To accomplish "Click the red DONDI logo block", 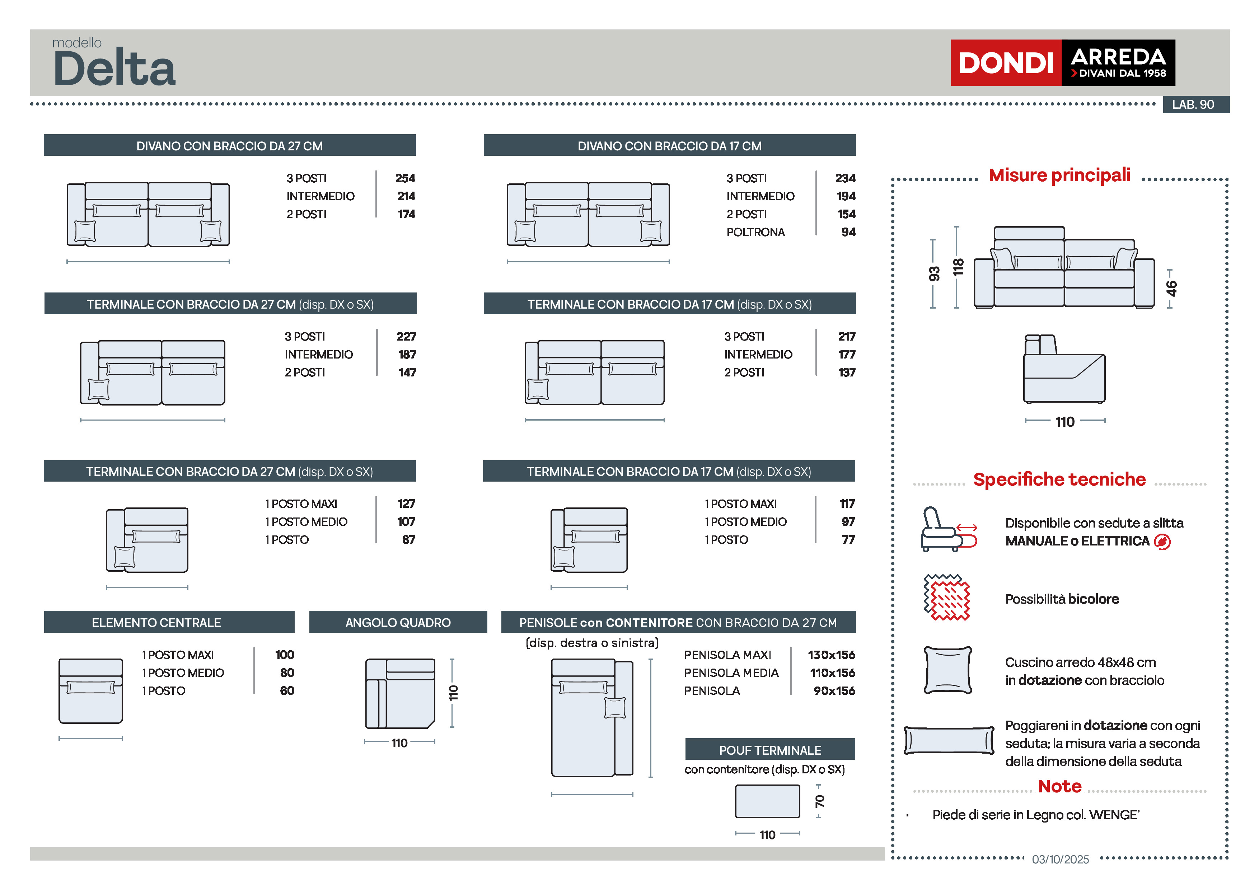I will pos(1005,62).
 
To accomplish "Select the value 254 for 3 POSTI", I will pos(405,178).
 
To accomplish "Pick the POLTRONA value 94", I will pos(848,232).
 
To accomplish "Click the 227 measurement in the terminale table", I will pos(406,336).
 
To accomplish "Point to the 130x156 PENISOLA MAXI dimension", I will pos(831,655).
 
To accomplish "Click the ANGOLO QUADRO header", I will pos(398,622).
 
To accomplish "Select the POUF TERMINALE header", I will pos(769,750).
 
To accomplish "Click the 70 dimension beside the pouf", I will pos(819,801).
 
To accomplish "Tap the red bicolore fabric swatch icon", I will pos(946,598).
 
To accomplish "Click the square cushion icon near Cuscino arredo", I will pos(947,670).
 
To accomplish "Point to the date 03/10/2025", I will pos(1060,859).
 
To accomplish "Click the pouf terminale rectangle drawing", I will pos(767,801).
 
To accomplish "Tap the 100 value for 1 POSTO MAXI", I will pos(285,655).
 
